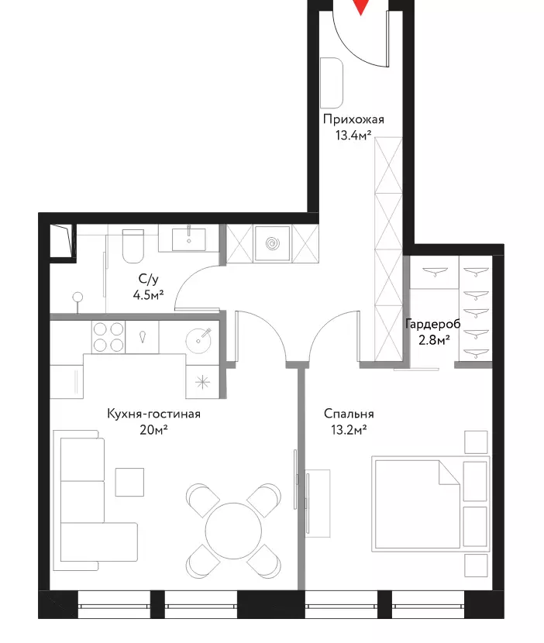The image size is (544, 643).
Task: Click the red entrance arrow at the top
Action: click(360, 6)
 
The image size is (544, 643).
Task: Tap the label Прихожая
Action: click(353, 119)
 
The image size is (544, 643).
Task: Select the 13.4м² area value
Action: click(353, 135)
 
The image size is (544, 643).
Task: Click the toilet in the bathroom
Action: click(133, 246)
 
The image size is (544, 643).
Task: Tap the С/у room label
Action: click(148, 279)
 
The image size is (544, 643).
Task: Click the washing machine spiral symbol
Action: click(272, 244)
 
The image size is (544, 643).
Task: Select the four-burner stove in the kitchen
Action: click(108, 337)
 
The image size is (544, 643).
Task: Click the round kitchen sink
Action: click(198, 340)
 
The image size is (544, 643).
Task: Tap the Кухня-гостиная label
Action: click(154, 414)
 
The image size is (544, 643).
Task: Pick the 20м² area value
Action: click(154, 429)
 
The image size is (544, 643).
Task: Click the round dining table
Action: click(233, 531)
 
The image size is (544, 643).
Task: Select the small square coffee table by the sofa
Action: click(129, 482)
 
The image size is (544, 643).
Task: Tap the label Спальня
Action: click(349, 414)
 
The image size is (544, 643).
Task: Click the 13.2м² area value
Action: click(349, 429)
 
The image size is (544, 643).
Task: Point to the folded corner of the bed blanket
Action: click(449, 472)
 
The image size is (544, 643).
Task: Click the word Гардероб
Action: click(433, 324)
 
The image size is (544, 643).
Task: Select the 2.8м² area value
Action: click(434, 339)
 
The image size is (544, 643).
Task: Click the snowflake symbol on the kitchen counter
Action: click(202, 383)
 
